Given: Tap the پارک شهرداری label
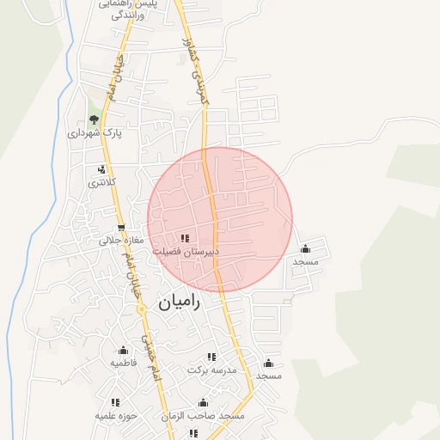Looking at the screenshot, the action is [95, 133].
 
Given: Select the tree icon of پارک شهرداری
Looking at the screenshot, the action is [94, 119].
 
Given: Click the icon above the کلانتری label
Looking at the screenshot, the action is [103, 169].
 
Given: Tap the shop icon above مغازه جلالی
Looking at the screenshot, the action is [121, 228].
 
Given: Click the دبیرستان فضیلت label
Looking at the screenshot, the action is [186, 252].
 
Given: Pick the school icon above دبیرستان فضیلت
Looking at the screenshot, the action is [185, 238].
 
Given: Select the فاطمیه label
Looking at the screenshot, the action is [123, 364].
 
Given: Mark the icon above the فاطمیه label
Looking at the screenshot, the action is [123, 350].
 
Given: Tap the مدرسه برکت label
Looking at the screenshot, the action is [211, 370].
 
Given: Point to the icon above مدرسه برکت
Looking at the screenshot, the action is [211, 356].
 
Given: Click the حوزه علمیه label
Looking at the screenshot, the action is [115, 415].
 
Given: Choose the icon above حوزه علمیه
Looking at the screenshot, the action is [115, 401].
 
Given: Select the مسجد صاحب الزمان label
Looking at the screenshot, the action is [204, 416].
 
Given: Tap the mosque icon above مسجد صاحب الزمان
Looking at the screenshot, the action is [204, 402].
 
